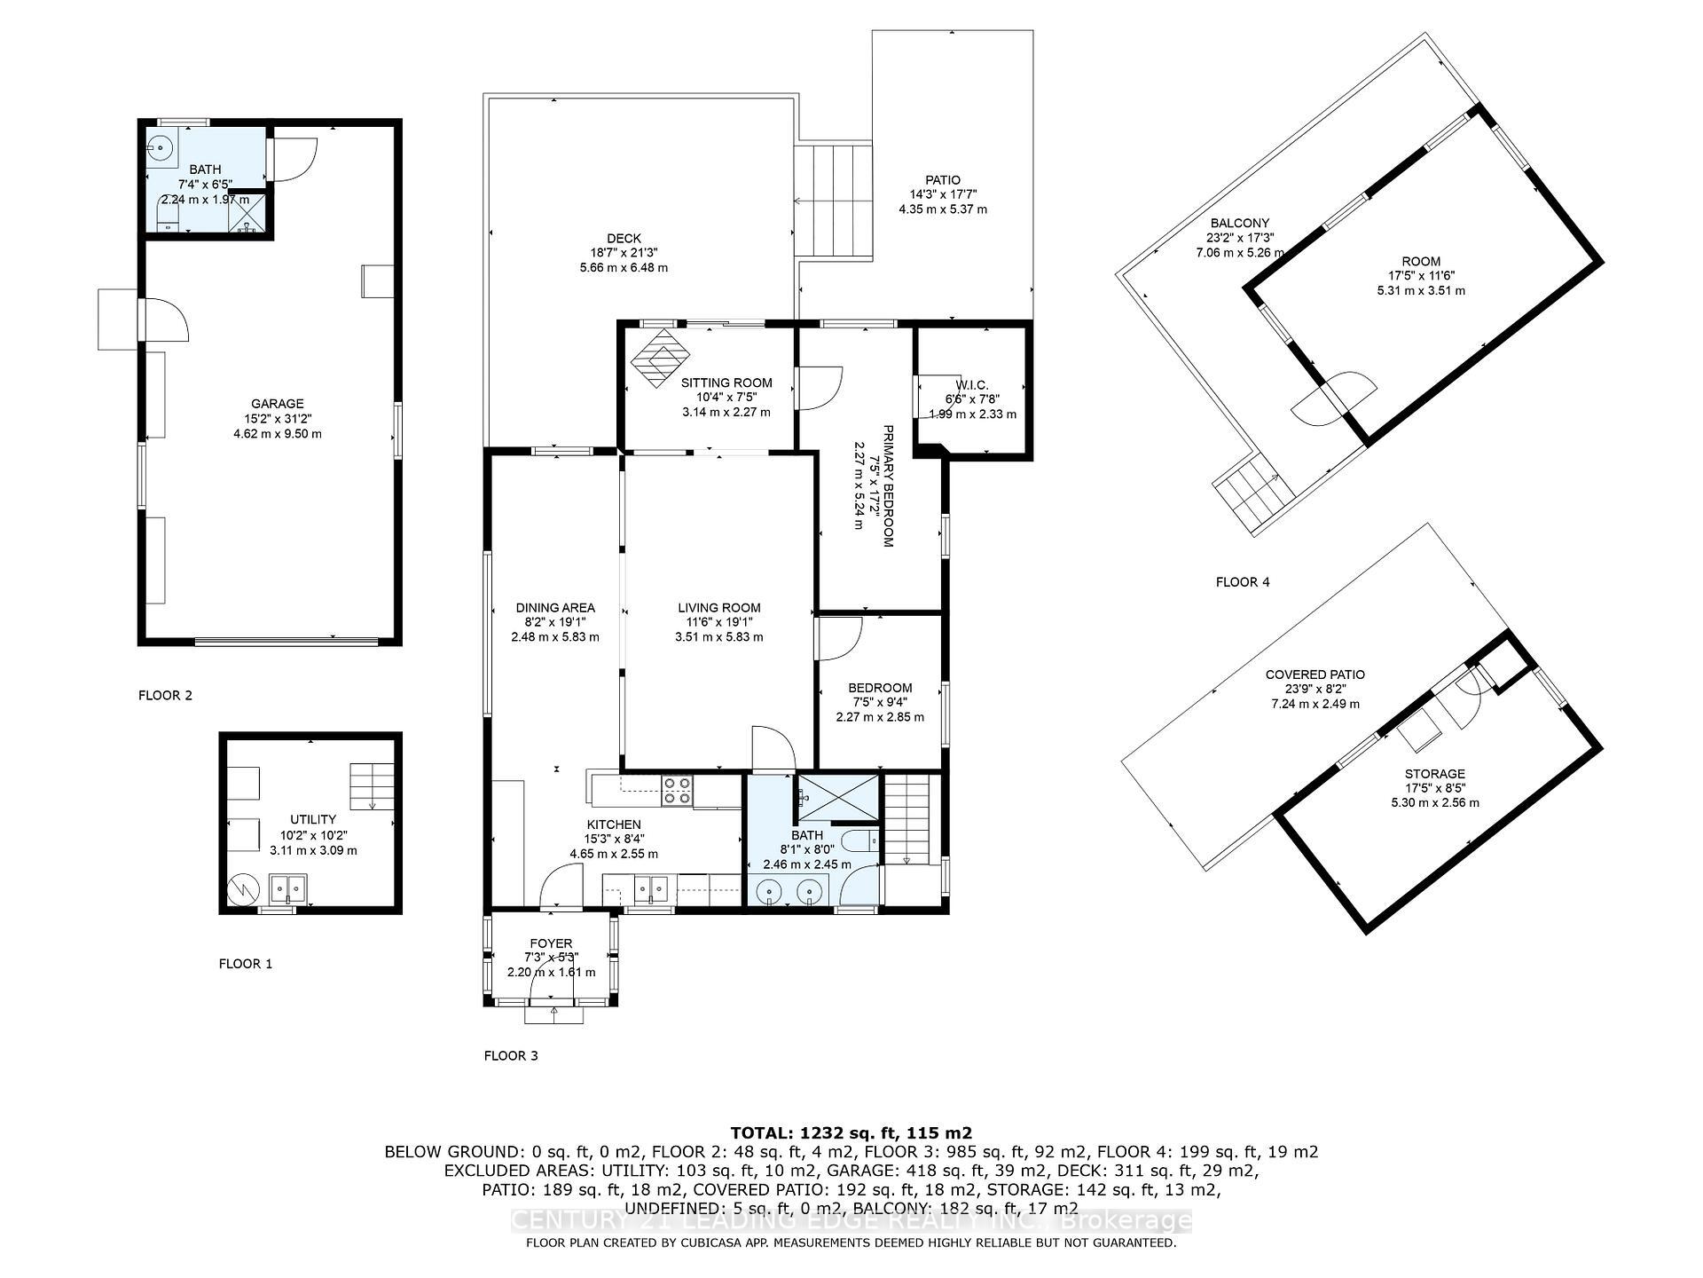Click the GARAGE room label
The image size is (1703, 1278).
(x=277, y=404)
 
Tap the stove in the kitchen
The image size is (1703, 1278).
(x=679, y=790)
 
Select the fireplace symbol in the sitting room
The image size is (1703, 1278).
(x=660, y=358)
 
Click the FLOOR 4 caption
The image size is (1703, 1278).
(x=1242, y=582)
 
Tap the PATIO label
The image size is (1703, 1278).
(x=942, y=180)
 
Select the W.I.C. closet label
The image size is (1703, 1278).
(x=972, y=384)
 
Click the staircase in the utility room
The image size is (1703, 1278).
(x=372, y=785)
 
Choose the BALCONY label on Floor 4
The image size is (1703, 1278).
(x=1239, y=224)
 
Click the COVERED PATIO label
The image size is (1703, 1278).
(x=1315, y=674)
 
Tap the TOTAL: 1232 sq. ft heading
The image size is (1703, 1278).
(x=851, y=1132)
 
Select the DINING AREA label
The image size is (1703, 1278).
(x=555, y=608)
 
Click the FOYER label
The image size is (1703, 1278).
(x=551, y=943)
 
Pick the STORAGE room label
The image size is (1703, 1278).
(x=1434, y=774)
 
